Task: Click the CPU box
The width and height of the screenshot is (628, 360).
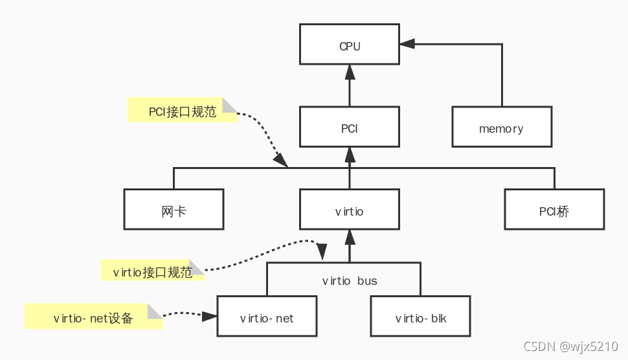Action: pyautogui.click(x=350, y=45)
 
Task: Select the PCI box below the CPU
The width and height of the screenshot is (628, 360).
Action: pyautogui.click(x=350, y=128)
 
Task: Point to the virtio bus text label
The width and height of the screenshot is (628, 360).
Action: pyautogui.click(x=350, y=281)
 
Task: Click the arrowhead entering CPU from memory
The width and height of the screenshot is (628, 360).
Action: pyautogui.click(x=407, y=44)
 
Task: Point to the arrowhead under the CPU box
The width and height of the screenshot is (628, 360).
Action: pyautogui.click(x=350, y=72)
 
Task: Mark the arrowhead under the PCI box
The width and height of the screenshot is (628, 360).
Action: pyautogui.click(x=350, y=154)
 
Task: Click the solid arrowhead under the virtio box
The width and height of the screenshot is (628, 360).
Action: pyautogui.click(x=350, y=236)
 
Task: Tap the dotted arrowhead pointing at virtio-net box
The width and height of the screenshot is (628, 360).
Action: pyautogui.click(x=209, y=317)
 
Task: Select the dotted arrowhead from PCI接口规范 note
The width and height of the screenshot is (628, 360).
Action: pyautogui.click(x=281, y=160)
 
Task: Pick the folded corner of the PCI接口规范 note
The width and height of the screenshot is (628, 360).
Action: pyautogui.click(x=230, y=105)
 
